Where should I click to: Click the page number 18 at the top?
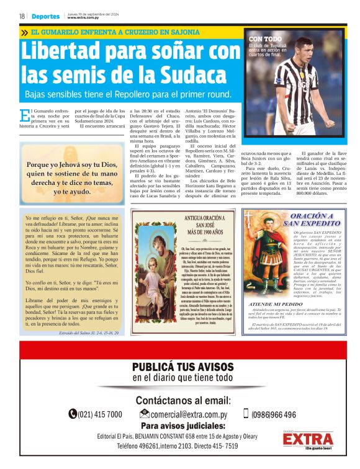(22, 16)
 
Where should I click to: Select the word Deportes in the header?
(46, 16)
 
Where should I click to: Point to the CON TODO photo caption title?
(265, 38)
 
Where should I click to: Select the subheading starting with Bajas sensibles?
(128, 94)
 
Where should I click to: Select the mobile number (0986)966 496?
(273, 414)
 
